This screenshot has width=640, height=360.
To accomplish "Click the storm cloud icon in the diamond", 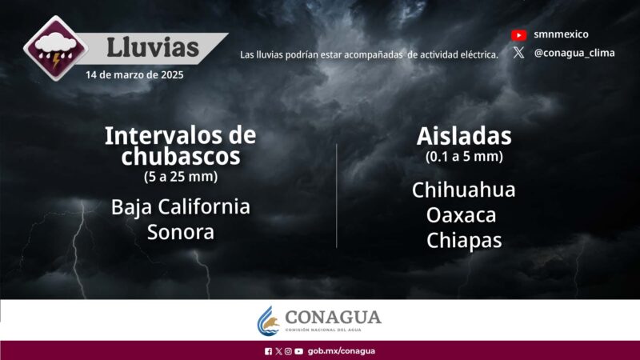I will tap(54, 52).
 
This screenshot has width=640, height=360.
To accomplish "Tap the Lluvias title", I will tap(153, 47).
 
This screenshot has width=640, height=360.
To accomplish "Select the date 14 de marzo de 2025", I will tap(134, 75).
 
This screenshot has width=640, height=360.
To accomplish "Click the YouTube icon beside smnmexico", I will tap(519, 34).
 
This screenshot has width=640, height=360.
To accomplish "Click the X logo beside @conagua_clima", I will tap(519, 53).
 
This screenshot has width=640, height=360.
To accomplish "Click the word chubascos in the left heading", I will tap(181, 157).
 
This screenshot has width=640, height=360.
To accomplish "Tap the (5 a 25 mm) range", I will tap(180, 176).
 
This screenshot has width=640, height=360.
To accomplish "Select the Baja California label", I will tap(181, 206).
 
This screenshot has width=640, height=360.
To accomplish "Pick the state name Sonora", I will tap(181, 232).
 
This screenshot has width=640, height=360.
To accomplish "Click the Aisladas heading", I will tap(464, 135).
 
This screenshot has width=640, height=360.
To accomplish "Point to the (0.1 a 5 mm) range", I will tap(464, 157).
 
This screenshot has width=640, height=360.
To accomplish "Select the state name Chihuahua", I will tap(464, 190).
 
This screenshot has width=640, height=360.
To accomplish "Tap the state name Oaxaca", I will tap(462, 215).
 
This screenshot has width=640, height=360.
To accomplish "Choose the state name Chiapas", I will tap(464, 240).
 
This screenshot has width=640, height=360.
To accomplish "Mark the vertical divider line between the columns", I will tap(337, 196).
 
